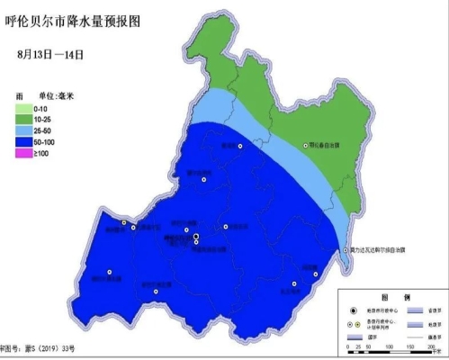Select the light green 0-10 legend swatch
pos(22,109)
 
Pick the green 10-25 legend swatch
pos(22,120)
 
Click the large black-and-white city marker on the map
pos(196,237)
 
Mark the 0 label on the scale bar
pos(346,347)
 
